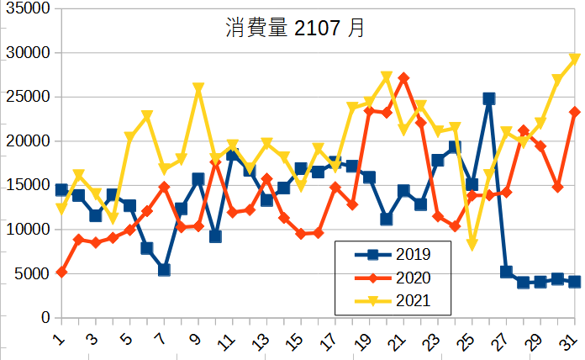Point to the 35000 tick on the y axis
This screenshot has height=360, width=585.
click(27, 8)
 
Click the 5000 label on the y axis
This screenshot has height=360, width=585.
click(31, 273)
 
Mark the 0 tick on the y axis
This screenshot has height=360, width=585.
click(45, 318)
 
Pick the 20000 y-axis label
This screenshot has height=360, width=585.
click(27, 141)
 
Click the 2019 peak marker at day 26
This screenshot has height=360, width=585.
click(488, 98)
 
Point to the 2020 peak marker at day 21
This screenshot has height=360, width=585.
click(403, 78)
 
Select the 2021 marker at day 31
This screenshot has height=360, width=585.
click(574, 59)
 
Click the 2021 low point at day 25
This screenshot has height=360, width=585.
click(472, 244)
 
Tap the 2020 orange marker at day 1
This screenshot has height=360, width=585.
click(61, 272)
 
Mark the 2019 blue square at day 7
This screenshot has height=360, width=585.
click(164, 270)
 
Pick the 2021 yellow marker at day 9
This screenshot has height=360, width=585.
click(198, 88)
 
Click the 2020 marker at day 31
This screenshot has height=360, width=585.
click(574, 112)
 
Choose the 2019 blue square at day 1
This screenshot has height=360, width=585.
click(61, 190)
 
